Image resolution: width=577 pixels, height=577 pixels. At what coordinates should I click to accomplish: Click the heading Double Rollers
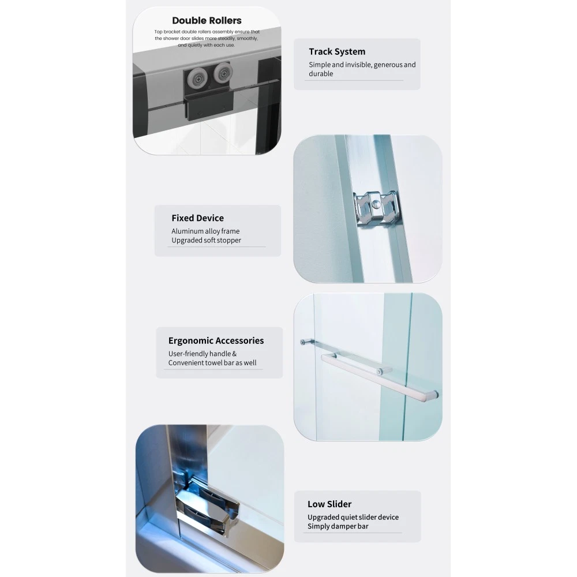pos(207,21)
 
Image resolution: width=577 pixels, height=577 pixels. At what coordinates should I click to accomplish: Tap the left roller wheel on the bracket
pos(197,78)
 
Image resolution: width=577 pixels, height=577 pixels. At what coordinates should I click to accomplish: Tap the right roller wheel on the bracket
pos(222,73)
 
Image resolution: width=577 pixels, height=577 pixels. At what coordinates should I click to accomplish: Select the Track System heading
pos(337,51)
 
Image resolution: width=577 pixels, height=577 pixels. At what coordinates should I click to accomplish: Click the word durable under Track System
pos(321,74)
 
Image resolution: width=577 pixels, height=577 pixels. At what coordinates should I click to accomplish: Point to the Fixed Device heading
pos(197,218)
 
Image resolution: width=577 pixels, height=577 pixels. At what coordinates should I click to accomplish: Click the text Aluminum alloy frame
pos(205,231)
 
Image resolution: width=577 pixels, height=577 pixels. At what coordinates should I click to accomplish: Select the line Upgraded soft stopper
pos(206,240)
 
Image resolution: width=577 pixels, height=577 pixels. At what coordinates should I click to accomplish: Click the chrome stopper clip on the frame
pos(376,208)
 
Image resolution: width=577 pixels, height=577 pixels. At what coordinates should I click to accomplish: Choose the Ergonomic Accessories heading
pos(216,341)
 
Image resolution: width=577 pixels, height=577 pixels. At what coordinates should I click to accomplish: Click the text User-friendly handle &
pos(203,354)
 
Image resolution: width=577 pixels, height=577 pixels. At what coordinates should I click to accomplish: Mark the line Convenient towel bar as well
pos(212,363)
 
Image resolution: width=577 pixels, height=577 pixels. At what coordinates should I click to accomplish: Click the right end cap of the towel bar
pos(434,395)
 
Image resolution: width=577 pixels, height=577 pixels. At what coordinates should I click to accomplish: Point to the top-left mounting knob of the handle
pos(303,342)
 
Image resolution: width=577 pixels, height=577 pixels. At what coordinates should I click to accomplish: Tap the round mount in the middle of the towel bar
pos(380,371)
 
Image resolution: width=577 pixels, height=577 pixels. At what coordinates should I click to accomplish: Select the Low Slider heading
pos(329,504)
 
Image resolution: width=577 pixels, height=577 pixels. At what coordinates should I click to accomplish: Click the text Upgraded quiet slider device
pos(353,517)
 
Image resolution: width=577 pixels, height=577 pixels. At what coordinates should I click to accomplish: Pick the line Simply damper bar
pos(338,526)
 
